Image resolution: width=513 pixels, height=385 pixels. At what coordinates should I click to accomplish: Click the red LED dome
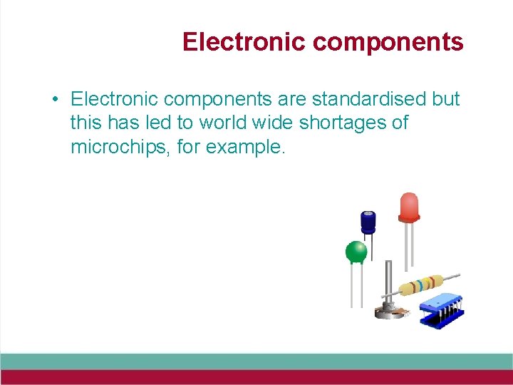point(409,207)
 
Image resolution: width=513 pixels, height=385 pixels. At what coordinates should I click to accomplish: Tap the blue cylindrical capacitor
point(368,222)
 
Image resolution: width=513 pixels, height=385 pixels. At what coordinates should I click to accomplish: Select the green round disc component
point(356,252)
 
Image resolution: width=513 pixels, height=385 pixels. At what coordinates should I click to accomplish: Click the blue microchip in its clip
point(441,309)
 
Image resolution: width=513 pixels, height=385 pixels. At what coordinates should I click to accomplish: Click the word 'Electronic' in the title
point(244,42)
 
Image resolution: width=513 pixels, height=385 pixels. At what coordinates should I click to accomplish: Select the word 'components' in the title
point(388,42)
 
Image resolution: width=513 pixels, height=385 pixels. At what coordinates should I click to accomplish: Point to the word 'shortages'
point(344,123)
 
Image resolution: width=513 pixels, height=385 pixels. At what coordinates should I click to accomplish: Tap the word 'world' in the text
point(221,123)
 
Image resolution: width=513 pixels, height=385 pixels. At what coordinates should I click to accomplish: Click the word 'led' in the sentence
point(157,123)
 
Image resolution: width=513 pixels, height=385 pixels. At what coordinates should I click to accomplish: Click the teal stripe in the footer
point(256,361)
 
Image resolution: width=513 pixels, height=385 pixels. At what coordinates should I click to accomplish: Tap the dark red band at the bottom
point(256,377)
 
